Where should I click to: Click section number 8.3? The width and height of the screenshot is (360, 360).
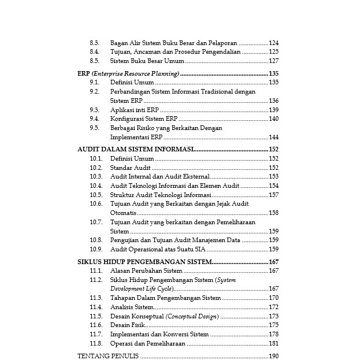coord(95,43)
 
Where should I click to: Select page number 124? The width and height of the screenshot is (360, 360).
coord(274,43)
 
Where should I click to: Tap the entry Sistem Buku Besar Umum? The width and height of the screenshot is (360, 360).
coord(147,61)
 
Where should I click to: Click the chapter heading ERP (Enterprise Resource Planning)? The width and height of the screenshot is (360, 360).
coord(128,73)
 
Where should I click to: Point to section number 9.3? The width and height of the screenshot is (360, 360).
coord(95,110)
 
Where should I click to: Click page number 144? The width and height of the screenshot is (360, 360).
coord(274,137)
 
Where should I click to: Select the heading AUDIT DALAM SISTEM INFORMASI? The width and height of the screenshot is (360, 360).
coord(135,149)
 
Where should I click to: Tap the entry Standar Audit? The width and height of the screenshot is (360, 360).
coord(131,168)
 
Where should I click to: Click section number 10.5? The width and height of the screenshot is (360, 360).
coord(96,195)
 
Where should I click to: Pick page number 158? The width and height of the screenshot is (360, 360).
coord(274,213)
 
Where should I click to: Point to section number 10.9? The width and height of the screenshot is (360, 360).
coord(96,249)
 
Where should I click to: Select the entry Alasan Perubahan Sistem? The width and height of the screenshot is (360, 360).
coord(146,270)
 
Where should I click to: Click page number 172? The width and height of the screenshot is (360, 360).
coord(274,307)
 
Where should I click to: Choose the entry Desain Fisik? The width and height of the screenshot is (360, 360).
coord(128,325)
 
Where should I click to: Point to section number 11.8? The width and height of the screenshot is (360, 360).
coord(96,343)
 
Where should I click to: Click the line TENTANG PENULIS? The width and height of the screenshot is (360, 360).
coord(107,356)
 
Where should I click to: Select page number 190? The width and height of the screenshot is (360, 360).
coord(274,356)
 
